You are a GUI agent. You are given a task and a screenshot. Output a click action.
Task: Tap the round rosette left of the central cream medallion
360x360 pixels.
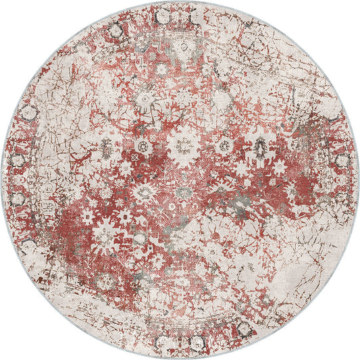(x=142, y=146)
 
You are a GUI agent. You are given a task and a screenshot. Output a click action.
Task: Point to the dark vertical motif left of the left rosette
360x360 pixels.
(x=107, y=146)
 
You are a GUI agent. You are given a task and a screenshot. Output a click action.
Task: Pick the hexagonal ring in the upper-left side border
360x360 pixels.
(x=28, y=111)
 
